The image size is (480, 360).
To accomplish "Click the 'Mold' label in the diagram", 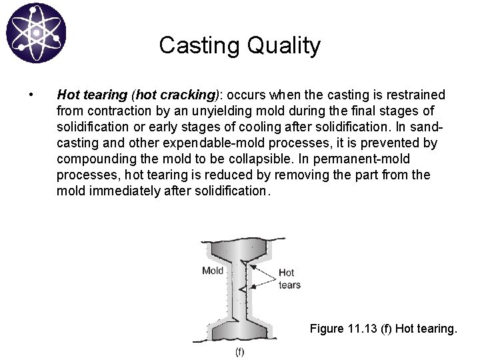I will (213, 271).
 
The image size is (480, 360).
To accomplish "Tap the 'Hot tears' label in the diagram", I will (289, 279).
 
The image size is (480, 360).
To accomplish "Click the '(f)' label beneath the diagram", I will (239, 351).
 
